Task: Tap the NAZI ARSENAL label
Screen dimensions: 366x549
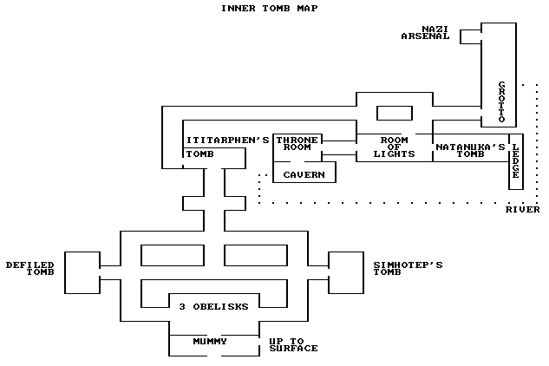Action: click(425, 33)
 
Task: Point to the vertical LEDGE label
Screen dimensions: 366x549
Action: click(515, 161)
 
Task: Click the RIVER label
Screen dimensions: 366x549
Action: click(523, 210)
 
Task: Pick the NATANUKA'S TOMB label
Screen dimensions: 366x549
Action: click(470, 151)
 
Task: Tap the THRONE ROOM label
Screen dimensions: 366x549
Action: click(297, 143)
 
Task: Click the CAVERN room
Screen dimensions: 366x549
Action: click(304, 174)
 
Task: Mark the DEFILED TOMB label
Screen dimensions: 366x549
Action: click(29, 268)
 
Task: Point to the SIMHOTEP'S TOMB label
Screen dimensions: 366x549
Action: click(408, 268)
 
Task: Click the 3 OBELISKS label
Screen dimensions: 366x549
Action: click(213, 306)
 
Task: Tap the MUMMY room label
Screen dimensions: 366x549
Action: click(209, 341)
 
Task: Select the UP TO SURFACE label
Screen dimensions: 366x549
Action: click(292, 344)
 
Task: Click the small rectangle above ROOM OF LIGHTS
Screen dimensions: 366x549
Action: click(394, 114)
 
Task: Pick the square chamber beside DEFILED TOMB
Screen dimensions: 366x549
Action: click(82, 268)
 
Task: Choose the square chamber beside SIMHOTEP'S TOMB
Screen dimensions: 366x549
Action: click(344, 268)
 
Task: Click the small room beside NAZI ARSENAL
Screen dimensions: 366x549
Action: click(471, 36)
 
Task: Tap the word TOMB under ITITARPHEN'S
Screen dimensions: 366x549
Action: click(199, 154)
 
